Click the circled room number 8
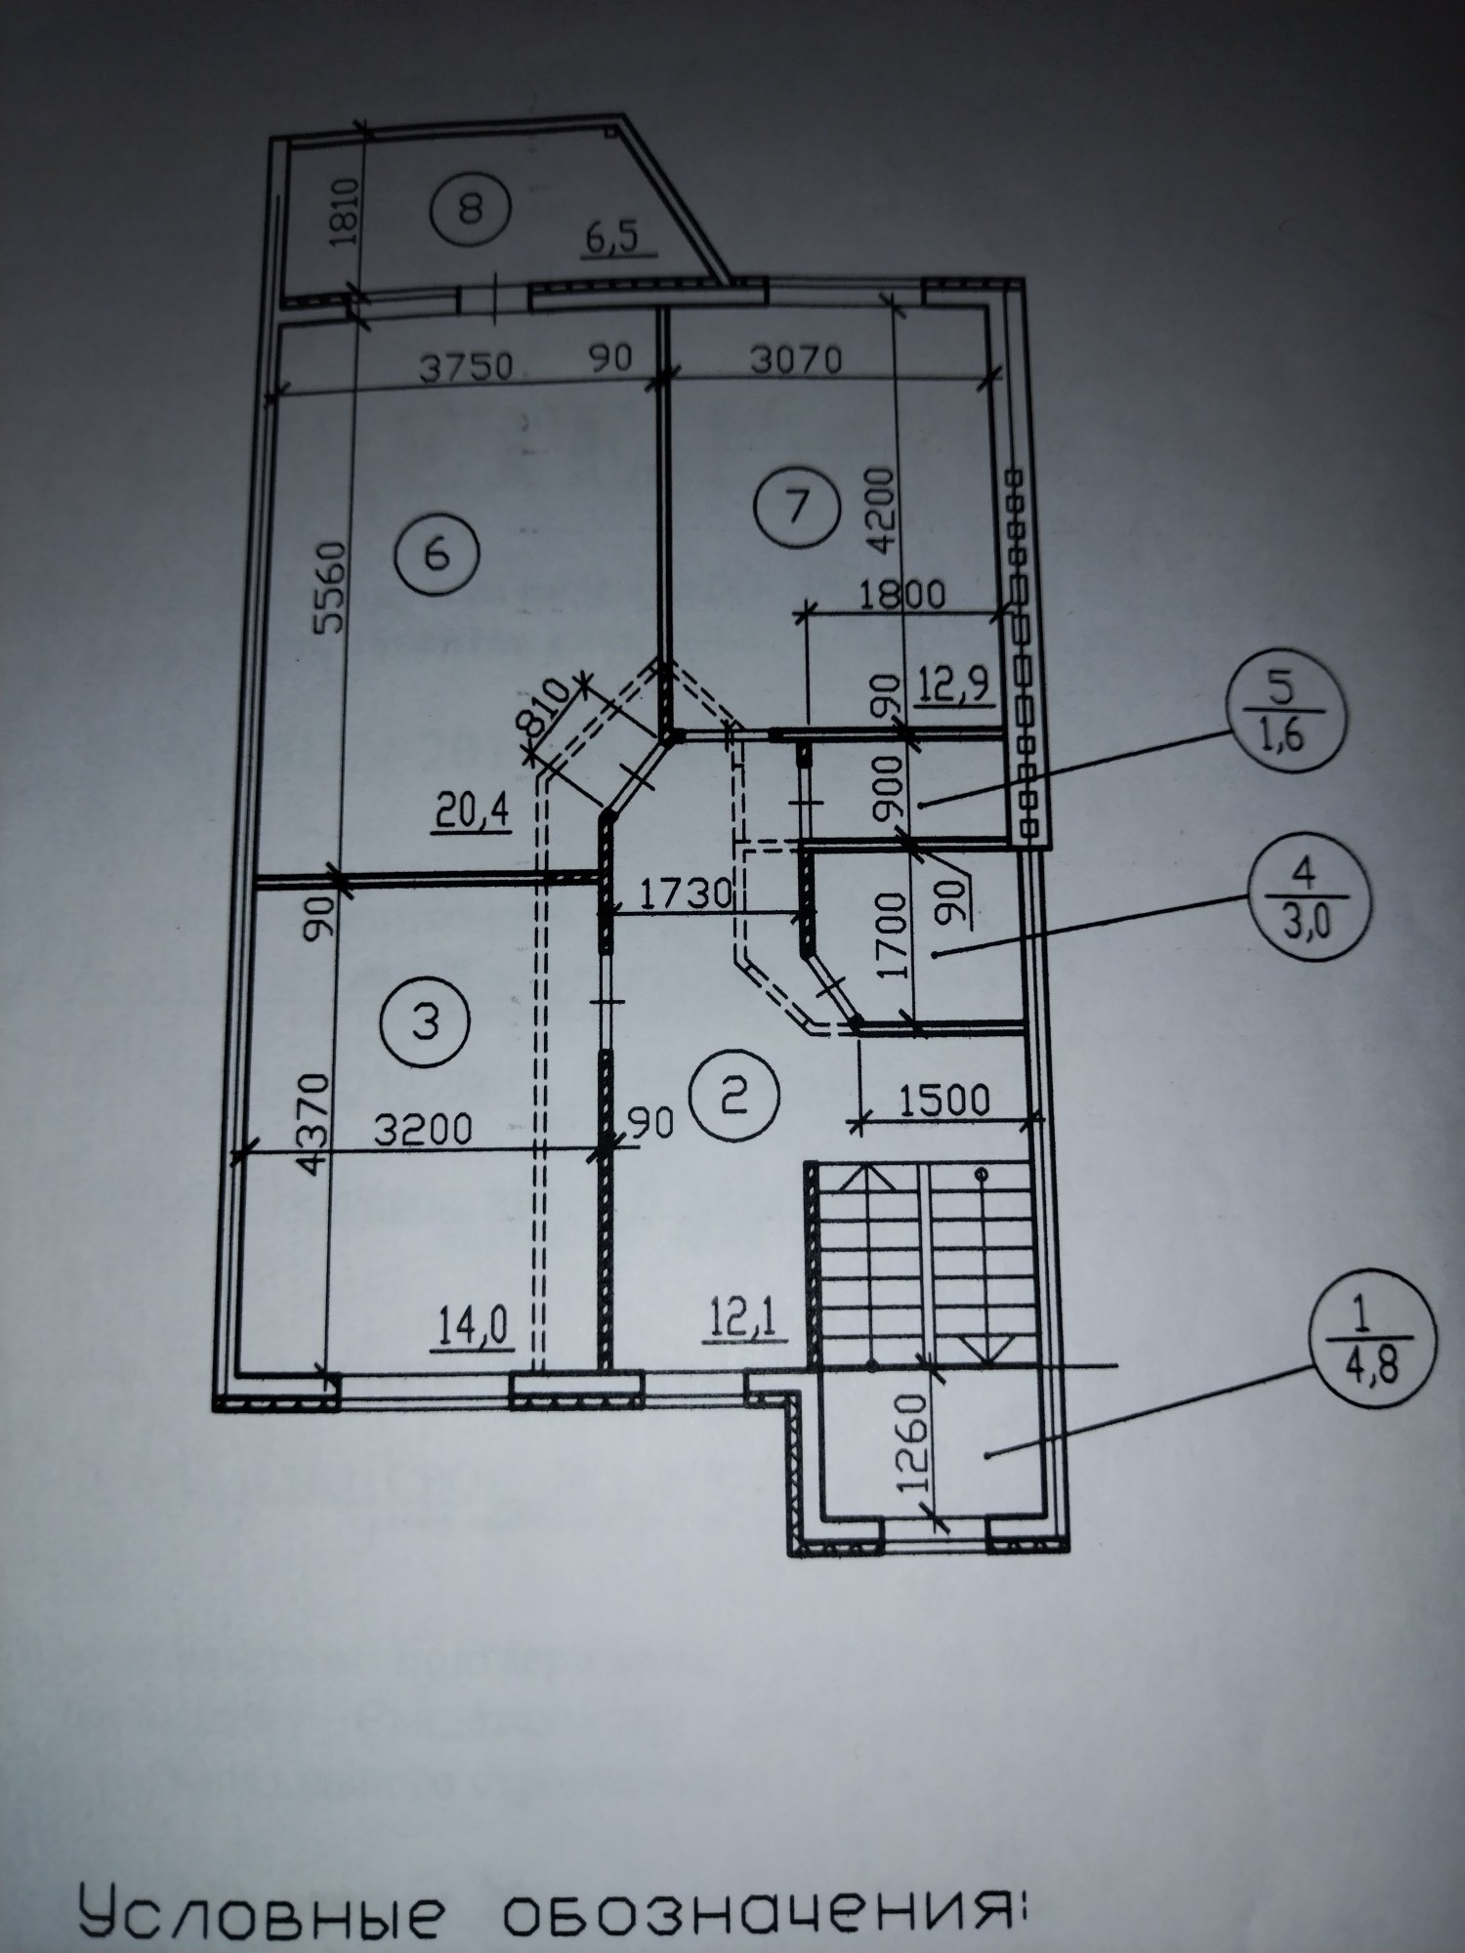471,207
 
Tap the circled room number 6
437,555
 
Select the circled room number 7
798,505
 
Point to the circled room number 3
426,1023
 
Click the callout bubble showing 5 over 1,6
1286,710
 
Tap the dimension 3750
467,368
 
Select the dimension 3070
798,360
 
